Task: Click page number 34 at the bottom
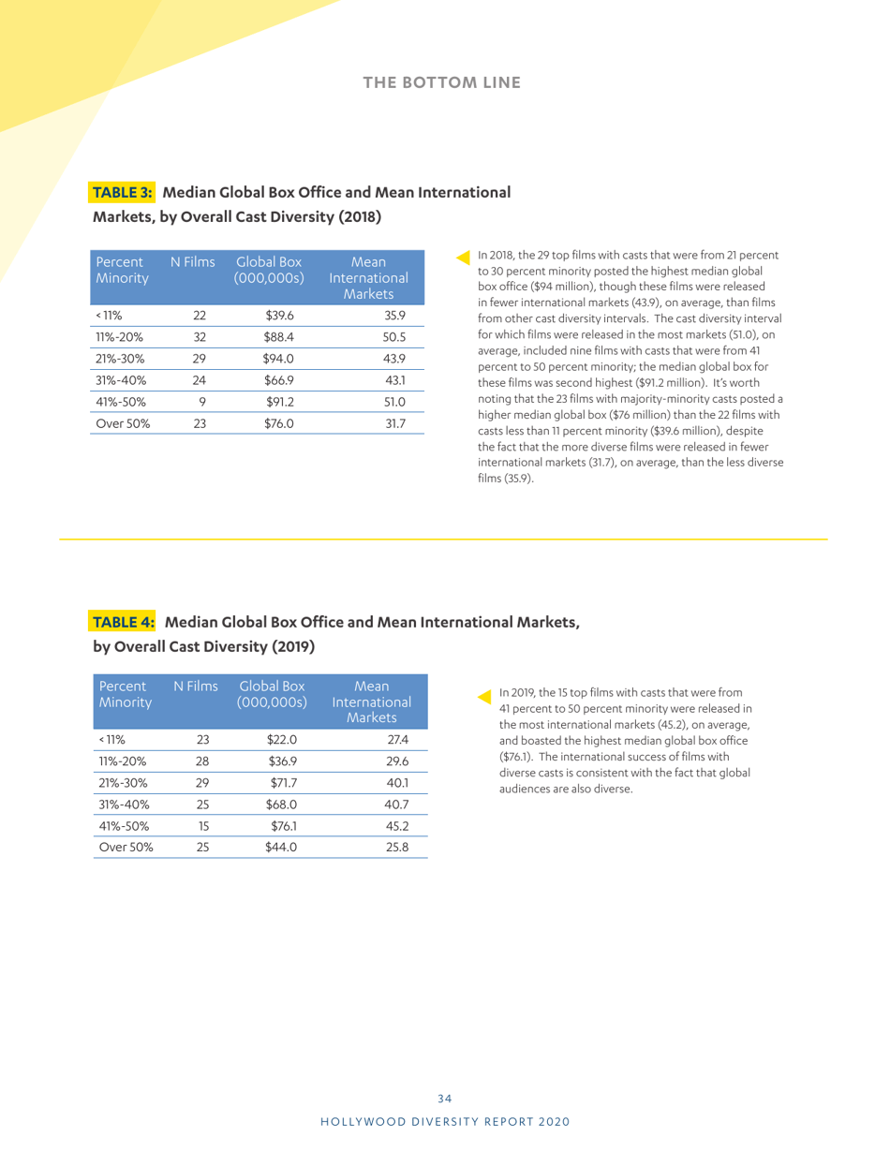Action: pos(445,1098)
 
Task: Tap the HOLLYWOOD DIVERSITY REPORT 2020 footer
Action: pos(445,1120)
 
